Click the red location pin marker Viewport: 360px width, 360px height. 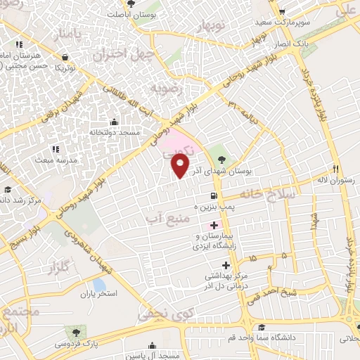[x=180, y=166]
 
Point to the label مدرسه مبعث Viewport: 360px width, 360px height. [x=54, y=160]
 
